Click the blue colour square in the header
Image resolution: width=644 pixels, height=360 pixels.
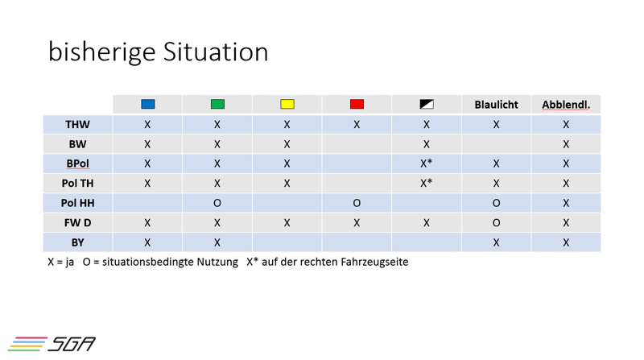[x=148, y=104]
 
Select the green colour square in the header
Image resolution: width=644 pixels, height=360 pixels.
[x=217, y=104]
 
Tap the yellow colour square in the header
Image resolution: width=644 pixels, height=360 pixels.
[x=287, y=104]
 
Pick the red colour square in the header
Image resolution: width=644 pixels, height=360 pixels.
[x=357, y=104]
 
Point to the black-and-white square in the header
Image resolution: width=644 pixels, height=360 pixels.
[x=427, y=104]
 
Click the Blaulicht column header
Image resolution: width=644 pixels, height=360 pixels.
[x=496, y=105]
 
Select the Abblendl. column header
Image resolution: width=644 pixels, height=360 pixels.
[x=566, y=105]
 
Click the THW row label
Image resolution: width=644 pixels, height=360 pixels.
[x=77, y=125]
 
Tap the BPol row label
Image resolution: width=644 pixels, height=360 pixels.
[x=77, y=163]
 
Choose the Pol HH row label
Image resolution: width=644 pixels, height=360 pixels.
[x=77, y=203]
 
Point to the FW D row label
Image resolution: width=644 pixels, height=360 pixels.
[x=77, y=223]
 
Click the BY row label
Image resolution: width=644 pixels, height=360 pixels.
[x=77, y=242]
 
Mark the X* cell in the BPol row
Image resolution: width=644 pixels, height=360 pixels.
[x=427, y=163]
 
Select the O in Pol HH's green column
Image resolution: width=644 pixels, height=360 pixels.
[x=217, y=203]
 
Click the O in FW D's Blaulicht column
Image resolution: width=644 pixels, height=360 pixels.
[x=496, y=223]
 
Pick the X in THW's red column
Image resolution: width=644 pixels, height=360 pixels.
[x=357, y=125]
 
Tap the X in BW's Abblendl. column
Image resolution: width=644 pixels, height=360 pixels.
[x=566, y=144]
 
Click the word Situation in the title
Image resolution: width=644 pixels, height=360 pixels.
[x=216, y=52]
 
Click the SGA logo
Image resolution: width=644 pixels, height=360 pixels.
[x=52, y=344]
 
